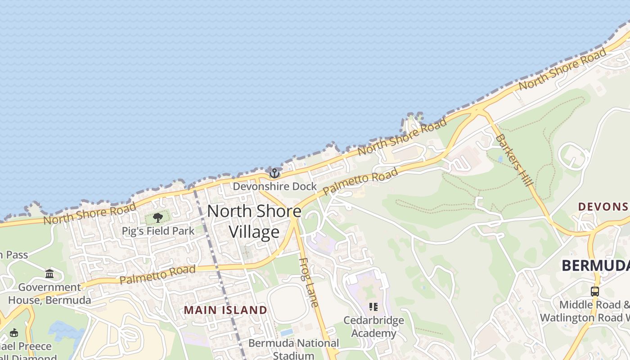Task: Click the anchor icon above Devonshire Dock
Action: [274, 173]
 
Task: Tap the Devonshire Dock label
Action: [274, 186]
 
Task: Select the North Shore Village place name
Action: [254, 221]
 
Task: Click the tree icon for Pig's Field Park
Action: [157, 218]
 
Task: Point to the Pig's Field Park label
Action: [158, 231]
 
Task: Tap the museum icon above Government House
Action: [49, 274]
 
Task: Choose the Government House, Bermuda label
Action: [49, 293]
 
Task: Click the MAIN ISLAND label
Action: [225, 310]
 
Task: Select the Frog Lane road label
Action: [309, 282]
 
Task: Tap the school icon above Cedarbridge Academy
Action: [373, 307]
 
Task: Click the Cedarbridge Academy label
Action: [373, 327]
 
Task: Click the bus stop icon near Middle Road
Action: [595, 291]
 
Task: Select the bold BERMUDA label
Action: [595, 265]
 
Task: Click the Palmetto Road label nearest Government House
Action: [157, 274]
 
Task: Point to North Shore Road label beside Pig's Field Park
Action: [90, 214]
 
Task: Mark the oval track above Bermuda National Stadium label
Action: [288, 303]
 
